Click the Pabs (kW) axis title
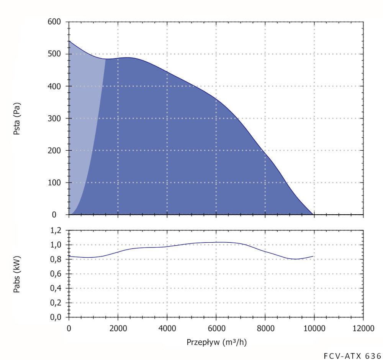(16, 274)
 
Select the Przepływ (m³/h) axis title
(216, 342)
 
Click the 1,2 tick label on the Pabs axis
(57, 230)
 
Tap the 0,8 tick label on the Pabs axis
(57, 260)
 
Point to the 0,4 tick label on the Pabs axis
(57, 288)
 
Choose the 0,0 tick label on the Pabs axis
(57, 317)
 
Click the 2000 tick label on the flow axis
(118, 329)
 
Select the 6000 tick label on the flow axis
(216, 329)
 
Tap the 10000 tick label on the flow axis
(314, 329)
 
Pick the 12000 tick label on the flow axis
(363, 329)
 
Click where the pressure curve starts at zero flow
(69, 41)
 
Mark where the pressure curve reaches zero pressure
(314, 214)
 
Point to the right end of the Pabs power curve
(313, 256)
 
